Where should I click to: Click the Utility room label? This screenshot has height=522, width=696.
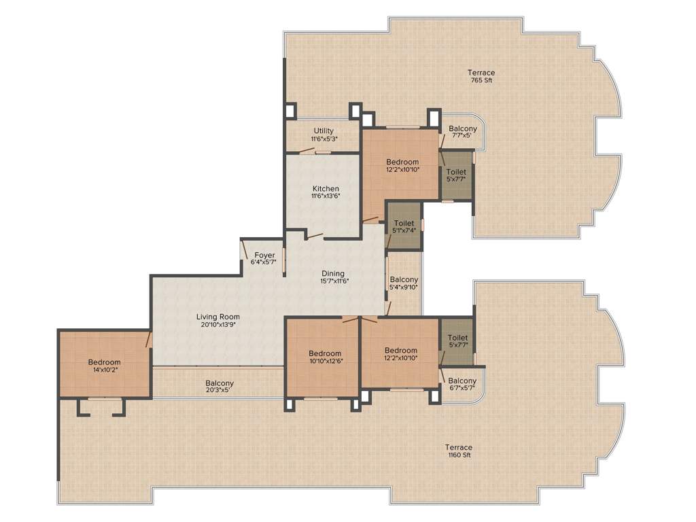(x=324, y=130)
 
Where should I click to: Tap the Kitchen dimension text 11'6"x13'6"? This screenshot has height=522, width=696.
(x=326, y=196)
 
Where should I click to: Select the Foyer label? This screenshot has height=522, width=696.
(x=264, y=255)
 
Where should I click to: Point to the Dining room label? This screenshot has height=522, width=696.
(x=333, y=273)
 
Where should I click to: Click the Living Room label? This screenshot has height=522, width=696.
(x=217, y=316)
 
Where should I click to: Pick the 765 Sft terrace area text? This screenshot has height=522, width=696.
(x=481, y=80)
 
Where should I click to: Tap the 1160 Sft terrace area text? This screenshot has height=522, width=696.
(x=458, y=455)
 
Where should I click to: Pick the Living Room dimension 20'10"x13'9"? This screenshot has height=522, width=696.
(x=217, y=324)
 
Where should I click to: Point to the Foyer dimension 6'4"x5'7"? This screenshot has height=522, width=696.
(x=264, y=262)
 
